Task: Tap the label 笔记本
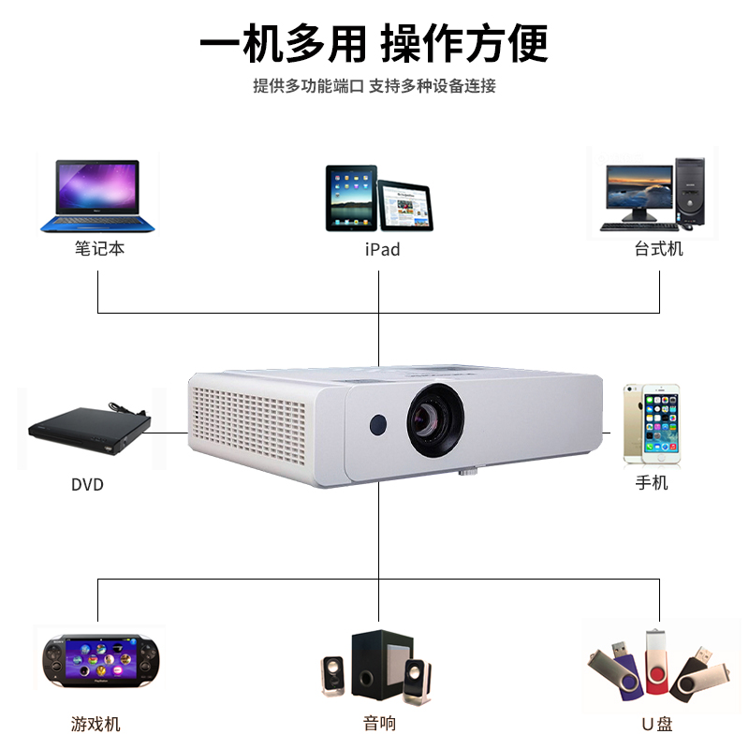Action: [x=99, y=249]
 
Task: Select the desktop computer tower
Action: [x=690, y=192]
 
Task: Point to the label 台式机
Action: [x=658, y=249]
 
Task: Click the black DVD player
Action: [x=90, y=427]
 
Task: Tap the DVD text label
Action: [x=87, y=485]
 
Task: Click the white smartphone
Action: [x=652, y=424]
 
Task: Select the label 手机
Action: [x=652, y=484]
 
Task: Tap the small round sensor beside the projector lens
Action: [x=378, y=424]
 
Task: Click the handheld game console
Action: [x=99, y=660]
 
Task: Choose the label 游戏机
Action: [x=95, y=724]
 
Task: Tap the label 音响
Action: [x=379, y=724]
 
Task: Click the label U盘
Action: [x=657, y=724]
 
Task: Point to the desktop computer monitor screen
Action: [x=639, y=187]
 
